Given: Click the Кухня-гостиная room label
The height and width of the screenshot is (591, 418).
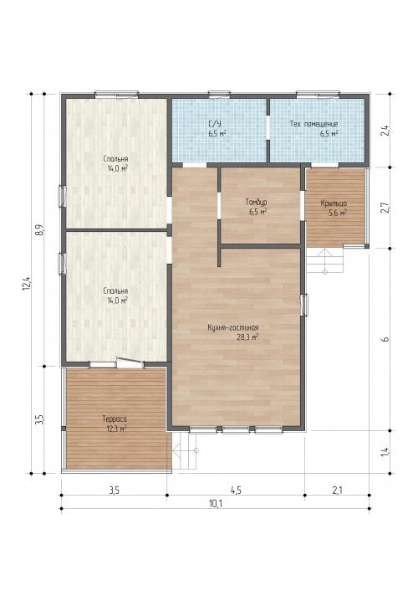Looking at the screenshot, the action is tap(233, 327).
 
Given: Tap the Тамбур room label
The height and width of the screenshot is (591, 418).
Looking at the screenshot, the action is tap(257, 203).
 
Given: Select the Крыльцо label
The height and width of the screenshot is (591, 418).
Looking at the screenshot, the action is tap(334, 203).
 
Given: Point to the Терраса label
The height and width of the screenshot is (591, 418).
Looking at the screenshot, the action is tap(115, 419).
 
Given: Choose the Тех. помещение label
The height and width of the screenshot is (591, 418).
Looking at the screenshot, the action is tap(313, 124).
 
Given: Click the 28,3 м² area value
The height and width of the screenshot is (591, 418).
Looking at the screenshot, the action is tap(247, 337).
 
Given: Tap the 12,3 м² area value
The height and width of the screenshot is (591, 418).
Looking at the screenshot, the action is tap(115, 429).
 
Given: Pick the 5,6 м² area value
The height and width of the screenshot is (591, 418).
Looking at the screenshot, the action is tap(338, 213).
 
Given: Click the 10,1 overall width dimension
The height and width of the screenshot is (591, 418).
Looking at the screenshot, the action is tap(216, 503).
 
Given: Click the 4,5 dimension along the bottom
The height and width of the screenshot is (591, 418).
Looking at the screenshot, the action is tap(236, 490).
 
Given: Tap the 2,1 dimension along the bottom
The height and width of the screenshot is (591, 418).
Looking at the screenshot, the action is tap(337, 490).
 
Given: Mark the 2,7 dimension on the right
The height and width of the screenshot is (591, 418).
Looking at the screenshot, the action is tap(385, 208).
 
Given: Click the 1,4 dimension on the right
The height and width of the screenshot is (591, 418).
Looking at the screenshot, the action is tap(385, 452).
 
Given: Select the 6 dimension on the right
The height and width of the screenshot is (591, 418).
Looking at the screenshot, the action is tap(385, 339).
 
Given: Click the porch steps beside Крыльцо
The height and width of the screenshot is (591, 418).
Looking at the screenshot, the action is tap(324, 261).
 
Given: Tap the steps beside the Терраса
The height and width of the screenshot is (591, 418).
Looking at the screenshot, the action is tap(185, 451).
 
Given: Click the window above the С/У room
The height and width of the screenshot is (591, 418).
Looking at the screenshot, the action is tap(220, 94).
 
